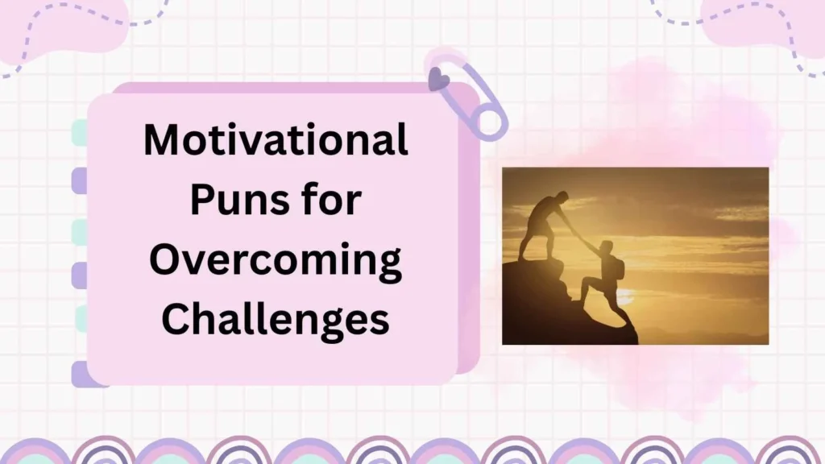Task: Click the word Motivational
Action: click(276, 142)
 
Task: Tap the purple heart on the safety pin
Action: click(438, 78)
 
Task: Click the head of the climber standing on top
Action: click(561, 198)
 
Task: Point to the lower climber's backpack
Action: click(619, 267)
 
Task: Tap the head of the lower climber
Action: click(606, 247)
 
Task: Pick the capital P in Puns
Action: click(201, 201)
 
